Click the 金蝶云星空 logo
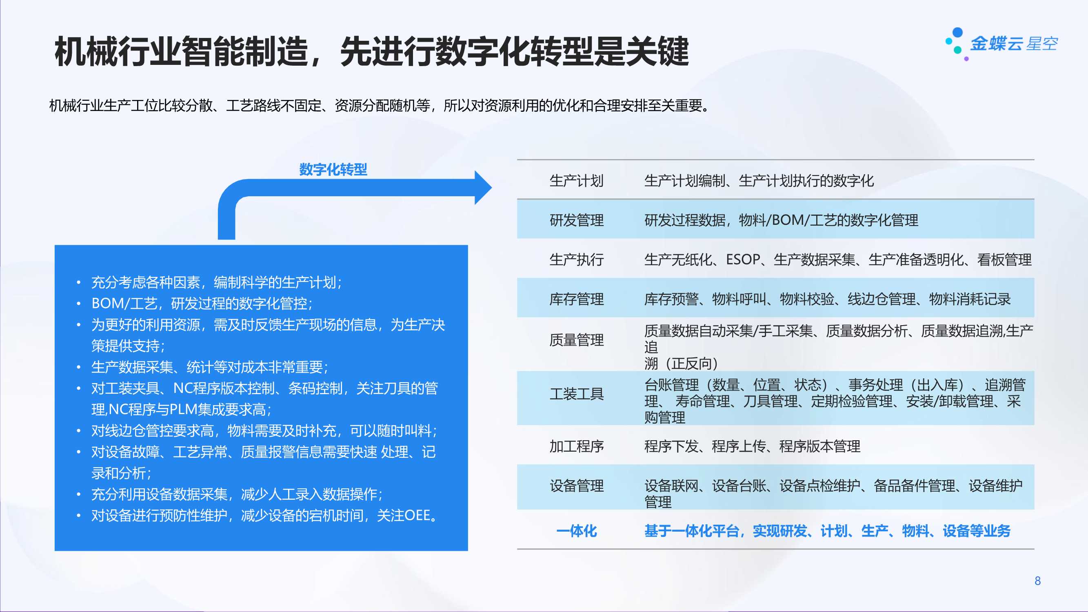(1001, 44)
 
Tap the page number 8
(1037, 581)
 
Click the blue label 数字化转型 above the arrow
(333, 169)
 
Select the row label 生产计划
(577, 181)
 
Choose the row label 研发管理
(577, 220)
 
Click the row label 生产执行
(577, 259)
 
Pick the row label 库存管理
(577, 299)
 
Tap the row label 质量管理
(577, 340)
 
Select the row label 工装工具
(577, 394)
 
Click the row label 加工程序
(577, 446)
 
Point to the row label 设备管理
(577, 486)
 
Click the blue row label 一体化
(577, 531)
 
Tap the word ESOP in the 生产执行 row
(743, 259)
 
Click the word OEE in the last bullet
(417, 515)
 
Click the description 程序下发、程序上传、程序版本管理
(752, 446)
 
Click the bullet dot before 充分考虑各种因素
(78, 283)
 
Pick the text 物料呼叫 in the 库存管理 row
(739, 299)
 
